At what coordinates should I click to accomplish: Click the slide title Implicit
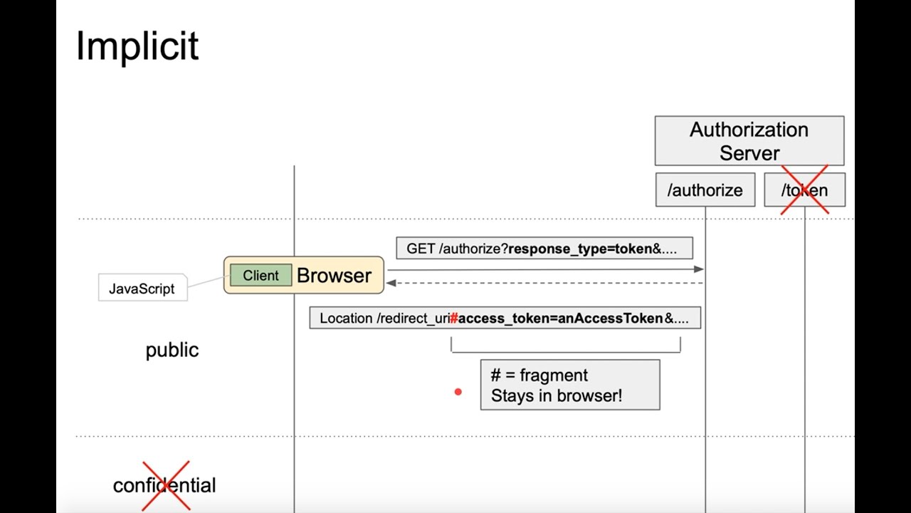pos(137,46)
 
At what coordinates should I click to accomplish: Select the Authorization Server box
pos(749,141)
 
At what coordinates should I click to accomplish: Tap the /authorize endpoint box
pos(705,190)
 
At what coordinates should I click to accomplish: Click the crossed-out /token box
pos(804,190)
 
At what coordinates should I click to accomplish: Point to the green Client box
pos(260,276)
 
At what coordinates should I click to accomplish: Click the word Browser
pos(334,276)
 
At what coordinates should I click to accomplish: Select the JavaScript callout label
pos(142,289)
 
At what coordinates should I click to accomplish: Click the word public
pos(172,350)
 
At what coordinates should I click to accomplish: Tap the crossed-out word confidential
pos(164,485)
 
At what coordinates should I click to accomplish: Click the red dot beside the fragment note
pos(458,392)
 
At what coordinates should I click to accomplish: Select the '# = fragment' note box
pos(569,385)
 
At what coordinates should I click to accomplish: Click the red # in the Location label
pos(453,318)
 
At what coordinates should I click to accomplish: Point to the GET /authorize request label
pos(544,249)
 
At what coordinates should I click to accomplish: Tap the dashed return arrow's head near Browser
pos(391,283)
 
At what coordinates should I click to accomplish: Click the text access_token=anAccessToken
pos(560,318)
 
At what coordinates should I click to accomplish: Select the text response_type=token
pos(579,249)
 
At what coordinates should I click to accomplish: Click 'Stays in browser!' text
pos(556,396)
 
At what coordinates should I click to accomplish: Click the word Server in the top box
pos(749,153)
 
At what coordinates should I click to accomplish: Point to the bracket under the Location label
pos(565,351)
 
